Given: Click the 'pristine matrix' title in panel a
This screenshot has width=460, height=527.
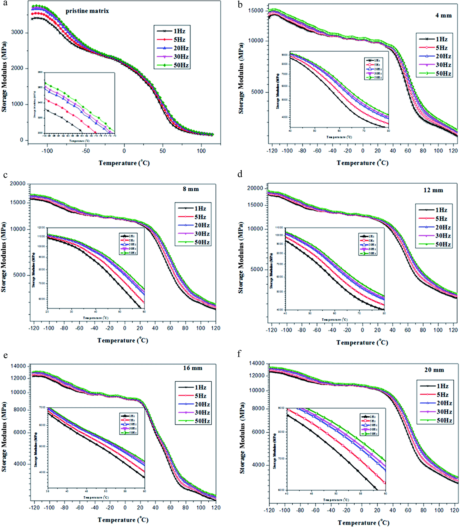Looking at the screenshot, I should pos(87,11).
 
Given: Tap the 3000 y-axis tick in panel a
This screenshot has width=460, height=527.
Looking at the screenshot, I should pos(17,32).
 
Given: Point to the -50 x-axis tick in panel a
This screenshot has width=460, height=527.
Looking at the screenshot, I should pos(86,151).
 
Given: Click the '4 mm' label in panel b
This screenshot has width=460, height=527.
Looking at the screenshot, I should pos(443,16).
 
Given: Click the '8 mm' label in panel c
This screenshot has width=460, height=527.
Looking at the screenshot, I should pos(191,189).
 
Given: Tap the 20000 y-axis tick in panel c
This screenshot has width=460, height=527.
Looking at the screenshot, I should pos(18,184).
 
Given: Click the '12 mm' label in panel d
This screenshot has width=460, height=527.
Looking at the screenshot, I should pos(433,190).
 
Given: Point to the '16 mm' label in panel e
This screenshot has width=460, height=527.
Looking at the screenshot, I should pos(193,368).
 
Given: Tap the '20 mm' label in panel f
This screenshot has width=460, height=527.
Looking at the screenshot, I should pos(434,370).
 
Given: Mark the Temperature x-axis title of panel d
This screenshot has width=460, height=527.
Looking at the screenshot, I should pos(362,343).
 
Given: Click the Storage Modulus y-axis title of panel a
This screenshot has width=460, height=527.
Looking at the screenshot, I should pos(4,77).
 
